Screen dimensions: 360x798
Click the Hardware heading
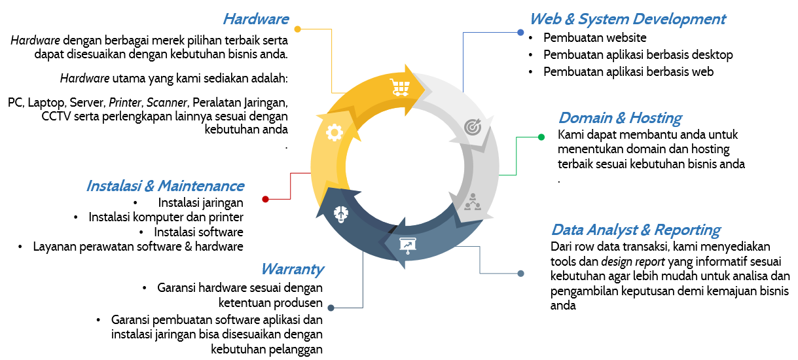click(x=255, y=19)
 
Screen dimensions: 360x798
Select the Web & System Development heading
click(x=627, y=19)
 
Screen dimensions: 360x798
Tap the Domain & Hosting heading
click(x=619, y=118)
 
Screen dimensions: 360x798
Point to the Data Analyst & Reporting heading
click(x=636, y=230)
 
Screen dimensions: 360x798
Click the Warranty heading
click(x=292, y=269)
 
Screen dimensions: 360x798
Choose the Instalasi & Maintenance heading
click(x=165, y=186)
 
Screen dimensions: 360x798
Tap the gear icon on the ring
click(x=334, y=133)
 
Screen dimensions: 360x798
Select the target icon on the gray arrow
click(x=472, y=127)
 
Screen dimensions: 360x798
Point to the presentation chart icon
click(x=408, y=245)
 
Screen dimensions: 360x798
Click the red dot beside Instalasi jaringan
click(x=265, y=199)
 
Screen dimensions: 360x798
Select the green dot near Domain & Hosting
click(x=541, y=137)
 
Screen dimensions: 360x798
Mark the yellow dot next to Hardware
click(x=298, y=29)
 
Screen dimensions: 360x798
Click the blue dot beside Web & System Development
click(x=520, y=32)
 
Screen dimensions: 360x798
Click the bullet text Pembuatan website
click(x=594, y=38)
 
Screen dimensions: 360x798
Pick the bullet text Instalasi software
click(x=198, y=232)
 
